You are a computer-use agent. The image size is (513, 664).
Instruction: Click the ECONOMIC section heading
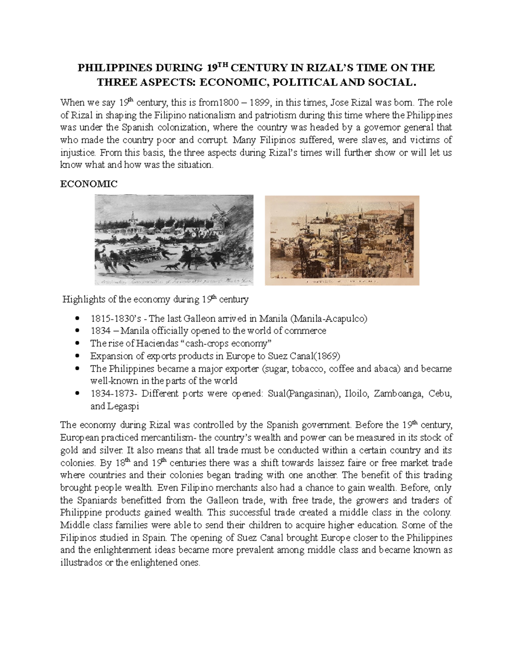click(x=88, y=184)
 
